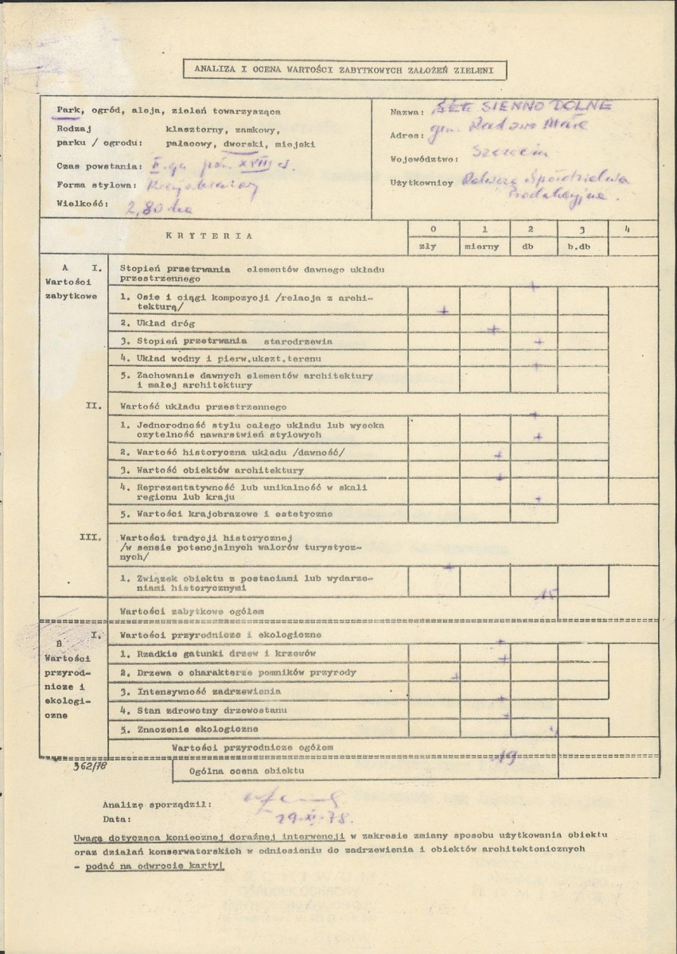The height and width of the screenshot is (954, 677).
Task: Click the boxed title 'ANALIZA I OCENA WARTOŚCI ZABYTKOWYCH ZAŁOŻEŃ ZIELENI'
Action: [344, 70]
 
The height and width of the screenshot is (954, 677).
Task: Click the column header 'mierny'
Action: [483, 246]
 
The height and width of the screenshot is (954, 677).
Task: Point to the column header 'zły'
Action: [434, 246]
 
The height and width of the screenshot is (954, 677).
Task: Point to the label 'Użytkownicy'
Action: [422, 182]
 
